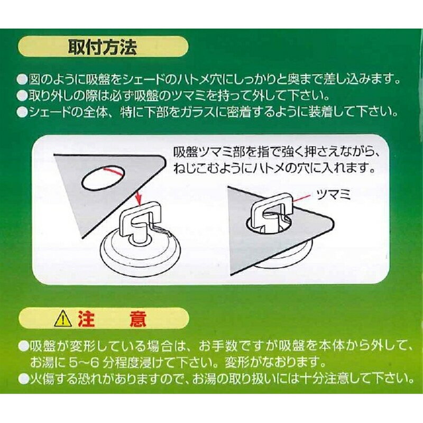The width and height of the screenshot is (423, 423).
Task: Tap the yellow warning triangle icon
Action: pyautogui.click(x=62, y=320)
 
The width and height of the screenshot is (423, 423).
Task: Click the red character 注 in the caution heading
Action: pyautogui.click(x=86, y=319)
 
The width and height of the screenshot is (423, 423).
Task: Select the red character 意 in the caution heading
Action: pyautogui.click(x=137, y=319)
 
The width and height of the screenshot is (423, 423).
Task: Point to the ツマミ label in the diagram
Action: pyautogui.click(x=334, y=195)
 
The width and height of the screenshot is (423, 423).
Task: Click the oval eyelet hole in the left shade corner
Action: pyautogui.click(x=103, y=178)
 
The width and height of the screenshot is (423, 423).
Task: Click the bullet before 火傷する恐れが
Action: pyautogui.click(x=24, y=379)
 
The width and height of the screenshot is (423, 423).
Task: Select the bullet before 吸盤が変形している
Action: pyautogui.click(x=24, y=346)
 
